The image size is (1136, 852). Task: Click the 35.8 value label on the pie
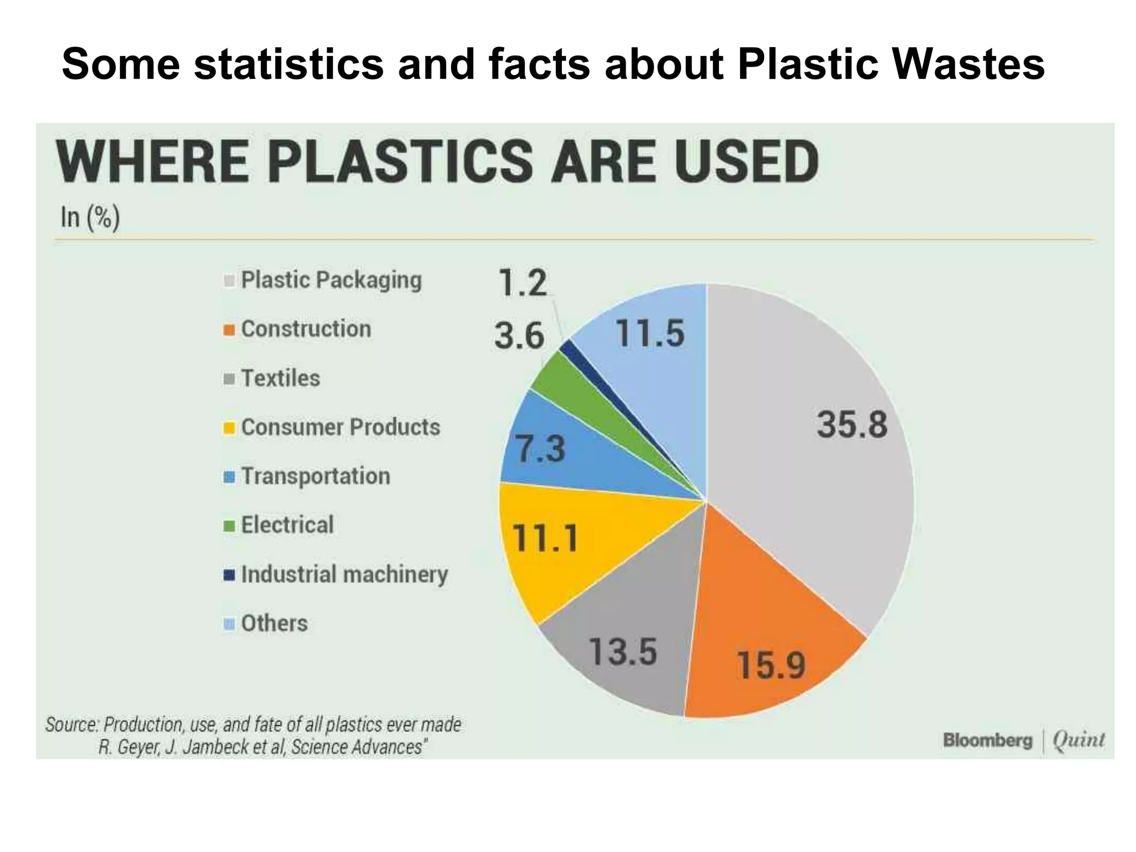point(852,425)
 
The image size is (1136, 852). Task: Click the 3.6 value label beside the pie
point(519,336)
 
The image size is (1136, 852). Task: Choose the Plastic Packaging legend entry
point(331,280)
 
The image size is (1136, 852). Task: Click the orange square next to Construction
point(230,330)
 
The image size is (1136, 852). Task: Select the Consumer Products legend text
point(340,427)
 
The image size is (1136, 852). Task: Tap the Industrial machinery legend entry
point(344,574)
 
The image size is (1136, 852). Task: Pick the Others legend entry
point(274,623)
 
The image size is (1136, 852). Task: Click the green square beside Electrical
point(230,526)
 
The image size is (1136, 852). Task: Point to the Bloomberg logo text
point(987,740)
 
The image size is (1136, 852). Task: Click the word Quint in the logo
point(1078,740)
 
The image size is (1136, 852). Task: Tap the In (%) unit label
point(90,217)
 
